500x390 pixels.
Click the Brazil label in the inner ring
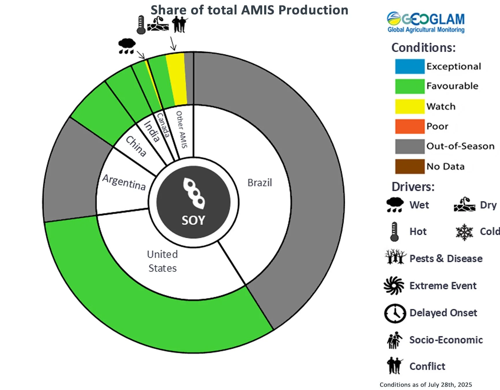(260, 183)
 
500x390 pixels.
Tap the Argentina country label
(124, 182)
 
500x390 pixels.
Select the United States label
(162, 261)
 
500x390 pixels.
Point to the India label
(152, 131)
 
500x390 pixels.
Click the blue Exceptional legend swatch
(410, 66)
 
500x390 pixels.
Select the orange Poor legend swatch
(410, 126)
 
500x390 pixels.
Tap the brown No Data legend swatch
(410, 166)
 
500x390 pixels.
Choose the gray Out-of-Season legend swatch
(410, 146)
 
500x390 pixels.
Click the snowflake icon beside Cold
(464, 232)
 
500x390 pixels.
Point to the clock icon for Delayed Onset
(395, 313)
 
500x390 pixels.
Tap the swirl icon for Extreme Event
(394, 286)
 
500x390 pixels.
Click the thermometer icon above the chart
(141, 25)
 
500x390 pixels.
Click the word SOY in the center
(193, 220)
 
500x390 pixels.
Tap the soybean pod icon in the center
(194, 193)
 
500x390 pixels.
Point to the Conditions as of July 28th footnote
(425, 385)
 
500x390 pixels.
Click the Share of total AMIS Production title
(249, 10)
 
